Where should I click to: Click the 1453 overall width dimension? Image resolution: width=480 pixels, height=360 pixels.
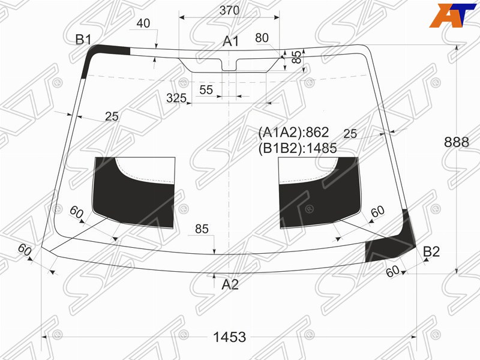229,337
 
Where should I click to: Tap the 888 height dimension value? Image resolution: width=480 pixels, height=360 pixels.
457,142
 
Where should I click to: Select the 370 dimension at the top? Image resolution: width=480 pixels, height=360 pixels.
229,11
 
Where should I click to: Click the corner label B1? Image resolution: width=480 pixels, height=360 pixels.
83,40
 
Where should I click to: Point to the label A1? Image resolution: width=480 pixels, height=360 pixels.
230,41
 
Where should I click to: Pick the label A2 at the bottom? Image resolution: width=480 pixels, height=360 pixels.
230,284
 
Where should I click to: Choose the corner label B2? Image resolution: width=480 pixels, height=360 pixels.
431,251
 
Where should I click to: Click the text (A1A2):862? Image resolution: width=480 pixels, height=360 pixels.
293,132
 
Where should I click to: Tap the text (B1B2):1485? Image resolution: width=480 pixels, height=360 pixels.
298,148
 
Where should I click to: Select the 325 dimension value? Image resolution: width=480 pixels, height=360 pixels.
176,98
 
